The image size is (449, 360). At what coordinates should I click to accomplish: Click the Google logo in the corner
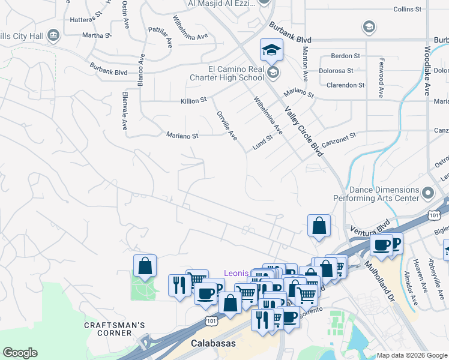click(x=20, y=353)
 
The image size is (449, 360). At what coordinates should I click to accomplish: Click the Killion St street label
click(x=193, y=101)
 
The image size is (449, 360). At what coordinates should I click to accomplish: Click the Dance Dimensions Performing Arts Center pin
click(x=427, y=193)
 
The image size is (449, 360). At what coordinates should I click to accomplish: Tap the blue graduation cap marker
click(x=271, y=50)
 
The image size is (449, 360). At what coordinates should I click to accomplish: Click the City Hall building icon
click(x=54, y=36)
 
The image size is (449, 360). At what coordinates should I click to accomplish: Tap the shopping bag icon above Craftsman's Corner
click(x=145, y=266)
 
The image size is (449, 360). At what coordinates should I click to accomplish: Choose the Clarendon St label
click(x=345, y=85)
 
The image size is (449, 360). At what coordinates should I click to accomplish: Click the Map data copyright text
click(x=412, y=355)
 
